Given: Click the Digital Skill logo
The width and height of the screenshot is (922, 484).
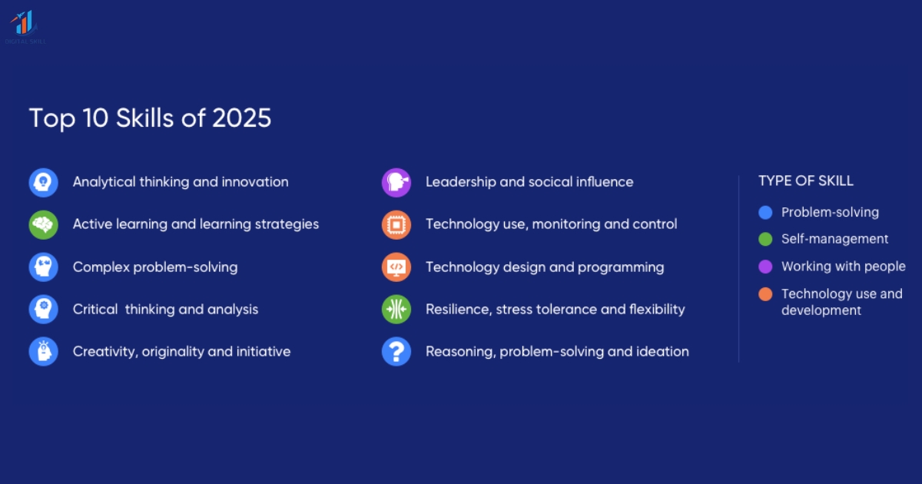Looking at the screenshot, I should [x=25, y=26].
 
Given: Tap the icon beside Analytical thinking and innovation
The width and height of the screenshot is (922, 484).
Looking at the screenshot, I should [x=44, y=183].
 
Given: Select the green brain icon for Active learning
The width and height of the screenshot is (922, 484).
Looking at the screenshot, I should [x=44, y=225].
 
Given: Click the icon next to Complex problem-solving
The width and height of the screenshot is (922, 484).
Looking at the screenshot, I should [x=44, y=267].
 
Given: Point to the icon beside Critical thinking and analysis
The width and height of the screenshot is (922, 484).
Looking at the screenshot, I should [x=44, y=310].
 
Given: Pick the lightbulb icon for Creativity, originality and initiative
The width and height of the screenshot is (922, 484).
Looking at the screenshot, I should [x=44, y=352].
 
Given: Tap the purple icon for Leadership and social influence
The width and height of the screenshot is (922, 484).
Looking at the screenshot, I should [x=396, y=183].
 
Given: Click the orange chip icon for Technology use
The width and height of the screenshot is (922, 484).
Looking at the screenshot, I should [x=396, y=225].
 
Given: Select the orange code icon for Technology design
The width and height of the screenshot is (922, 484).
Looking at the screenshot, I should [x=396, y=267].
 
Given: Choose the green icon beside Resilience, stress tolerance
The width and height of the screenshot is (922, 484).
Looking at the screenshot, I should [x=396, y=310].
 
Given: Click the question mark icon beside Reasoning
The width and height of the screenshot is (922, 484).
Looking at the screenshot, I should [x=396, y=352].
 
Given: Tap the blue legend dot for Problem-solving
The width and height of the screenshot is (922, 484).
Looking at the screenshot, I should [x=765, y=213].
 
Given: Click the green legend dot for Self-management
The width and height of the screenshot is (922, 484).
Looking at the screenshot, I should [x=765, y=240].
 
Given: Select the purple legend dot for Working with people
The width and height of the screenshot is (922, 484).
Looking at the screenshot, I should [x=765, y=267].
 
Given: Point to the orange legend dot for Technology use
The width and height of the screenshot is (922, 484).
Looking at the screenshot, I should [x=765, y=294].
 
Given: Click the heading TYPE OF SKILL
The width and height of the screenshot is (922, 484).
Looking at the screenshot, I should [x=806, y=181].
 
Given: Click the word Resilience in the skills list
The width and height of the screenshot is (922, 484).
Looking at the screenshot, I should [x=457, y=310].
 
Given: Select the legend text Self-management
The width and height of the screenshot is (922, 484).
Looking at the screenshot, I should [x=834, y=239].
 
